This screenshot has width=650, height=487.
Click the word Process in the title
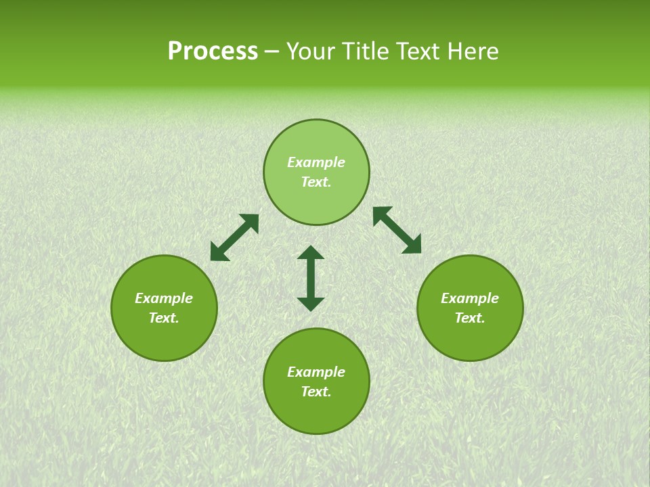click(213, 51)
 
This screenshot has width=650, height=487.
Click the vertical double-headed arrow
click(311, 278)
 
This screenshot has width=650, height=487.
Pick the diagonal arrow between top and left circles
click(234, 237)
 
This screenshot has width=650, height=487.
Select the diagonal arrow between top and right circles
click(397, 230)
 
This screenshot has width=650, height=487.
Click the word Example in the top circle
click(316, 162)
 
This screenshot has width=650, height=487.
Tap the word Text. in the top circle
click(316, 182)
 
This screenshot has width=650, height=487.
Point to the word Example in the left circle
click(164, 298)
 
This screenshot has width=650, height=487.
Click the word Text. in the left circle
click(164, 318)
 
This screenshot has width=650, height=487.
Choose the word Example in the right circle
click(470, 298)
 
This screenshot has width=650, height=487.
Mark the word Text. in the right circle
click(470, 318)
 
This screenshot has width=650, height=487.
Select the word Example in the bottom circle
click(316, 372)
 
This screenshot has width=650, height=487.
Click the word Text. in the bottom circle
click(316, 392)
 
